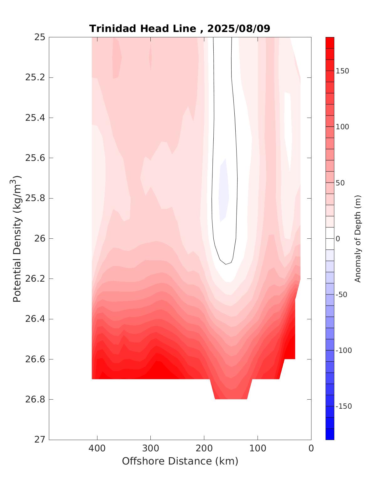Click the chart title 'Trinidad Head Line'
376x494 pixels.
(143, 29)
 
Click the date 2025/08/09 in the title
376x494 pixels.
(238, 29)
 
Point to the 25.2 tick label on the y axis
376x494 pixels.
(35, 77)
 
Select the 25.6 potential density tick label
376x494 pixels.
(35, 158)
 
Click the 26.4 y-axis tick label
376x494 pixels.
(35, 319)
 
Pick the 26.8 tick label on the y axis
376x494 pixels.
(35, 400)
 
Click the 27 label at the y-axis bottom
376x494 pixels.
(39, 440)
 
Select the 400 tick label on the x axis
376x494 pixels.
(97, 448)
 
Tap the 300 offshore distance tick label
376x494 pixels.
(150, 448)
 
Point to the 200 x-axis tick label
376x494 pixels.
(204, 448)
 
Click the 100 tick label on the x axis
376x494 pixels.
(258, 448)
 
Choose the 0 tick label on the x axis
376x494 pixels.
(311, 448)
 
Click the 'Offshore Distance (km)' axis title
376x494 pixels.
(180, 461)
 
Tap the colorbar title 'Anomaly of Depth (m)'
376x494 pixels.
(358, 239)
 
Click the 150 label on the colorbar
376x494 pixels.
(342, 71)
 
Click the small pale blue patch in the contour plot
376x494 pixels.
(224, 191)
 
